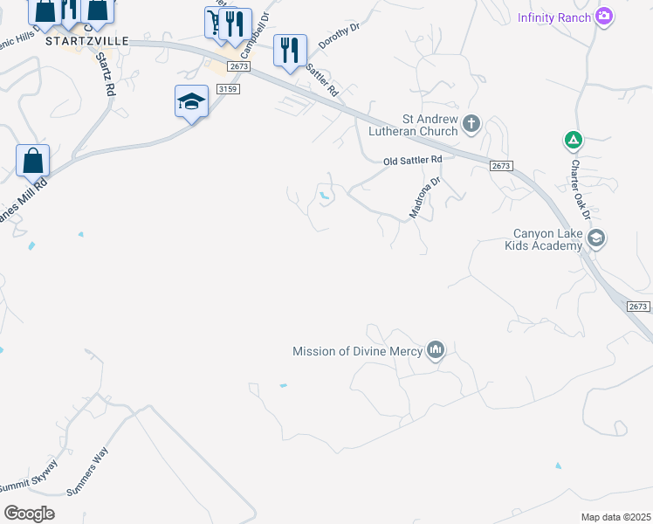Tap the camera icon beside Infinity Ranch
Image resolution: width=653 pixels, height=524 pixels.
point(603,17)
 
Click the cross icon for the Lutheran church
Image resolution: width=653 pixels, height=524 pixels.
point(471,122)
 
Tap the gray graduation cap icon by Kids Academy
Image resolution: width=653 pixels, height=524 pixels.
point(596,238)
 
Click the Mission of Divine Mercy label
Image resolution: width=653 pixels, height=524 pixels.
point(357,352)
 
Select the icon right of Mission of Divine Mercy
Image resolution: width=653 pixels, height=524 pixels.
point(436,351)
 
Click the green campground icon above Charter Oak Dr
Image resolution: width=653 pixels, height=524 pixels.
point(573,140)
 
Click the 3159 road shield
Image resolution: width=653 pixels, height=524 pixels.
point(226,88)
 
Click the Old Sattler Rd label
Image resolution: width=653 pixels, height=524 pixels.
point(414,161)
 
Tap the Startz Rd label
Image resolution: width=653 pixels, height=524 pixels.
point(106,74)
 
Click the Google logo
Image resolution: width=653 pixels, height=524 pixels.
point(29,514)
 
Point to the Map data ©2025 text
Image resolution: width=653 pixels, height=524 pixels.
point(615,517)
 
